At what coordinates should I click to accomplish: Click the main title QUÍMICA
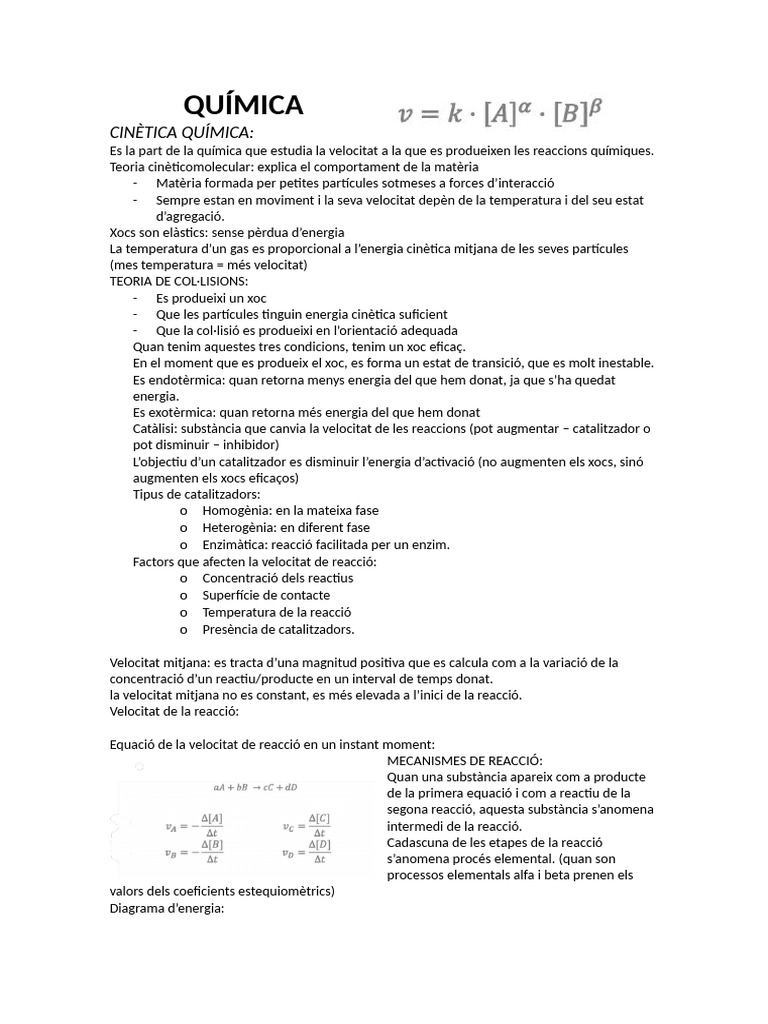click(x=243, y=104)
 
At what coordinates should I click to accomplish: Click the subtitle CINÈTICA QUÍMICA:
click(x=181, y=133)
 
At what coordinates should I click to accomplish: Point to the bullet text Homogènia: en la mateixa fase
click(x=290, y=510)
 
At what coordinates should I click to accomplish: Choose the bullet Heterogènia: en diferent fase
click(x=285, y=527)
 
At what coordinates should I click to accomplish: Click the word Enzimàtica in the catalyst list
click(x=236, y=544)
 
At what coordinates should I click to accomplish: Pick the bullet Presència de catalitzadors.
click(x=278, y=629)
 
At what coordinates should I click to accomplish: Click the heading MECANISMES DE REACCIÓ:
click(x=464, y=761)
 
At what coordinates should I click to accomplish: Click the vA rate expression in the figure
click(x=194, y=825)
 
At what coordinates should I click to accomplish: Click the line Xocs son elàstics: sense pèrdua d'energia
click(x=213, y=232)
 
